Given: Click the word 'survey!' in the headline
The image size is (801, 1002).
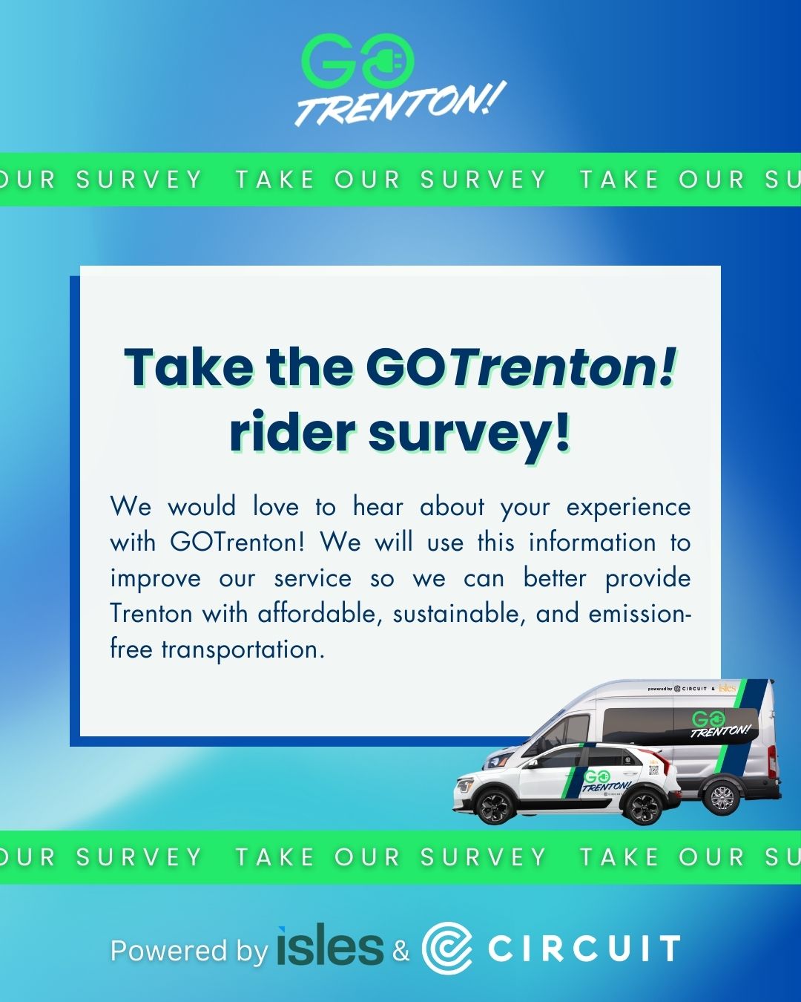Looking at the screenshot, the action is [469, 435].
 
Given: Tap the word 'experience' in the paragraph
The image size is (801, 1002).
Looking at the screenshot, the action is [628, 507].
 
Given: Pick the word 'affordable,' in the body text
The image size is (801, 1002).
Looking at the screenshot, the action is [320, 613].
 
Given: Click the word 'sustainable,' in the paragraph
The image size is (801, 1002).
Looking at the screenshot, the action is [459, 613].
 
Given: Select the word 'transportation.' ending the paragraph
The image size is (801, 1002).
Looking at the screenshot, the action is [243, 650].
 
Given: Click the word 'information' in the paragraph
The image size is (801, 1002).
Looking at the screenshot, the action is [592, 542].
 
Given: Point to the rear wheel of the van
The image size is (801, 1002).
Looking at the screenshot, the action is [722, 796].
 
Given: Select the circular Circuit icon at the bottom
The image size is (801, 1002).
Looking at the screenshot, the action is [446, 948].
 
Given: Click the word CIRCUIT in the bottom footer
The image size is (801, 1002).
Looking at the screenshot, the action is [584, 948].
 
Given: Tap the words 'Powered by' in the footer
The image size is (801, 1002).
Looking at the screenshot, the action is [189, 950].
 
